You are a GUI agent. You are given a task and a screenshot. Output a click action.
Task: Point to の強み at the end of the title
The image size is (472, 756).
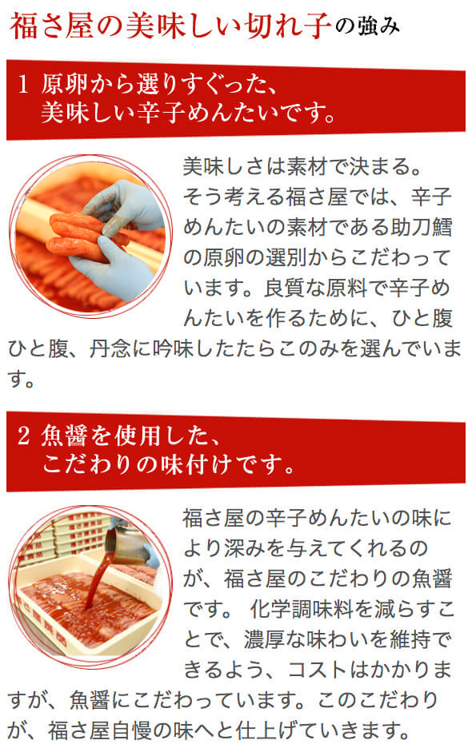368,27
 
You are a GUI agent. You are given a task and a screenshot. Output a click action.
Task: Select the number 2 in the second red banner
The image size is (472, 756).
23,437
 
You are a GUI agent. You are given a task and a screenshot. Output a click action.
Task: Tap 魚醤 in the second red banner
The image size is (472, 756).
62,437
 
